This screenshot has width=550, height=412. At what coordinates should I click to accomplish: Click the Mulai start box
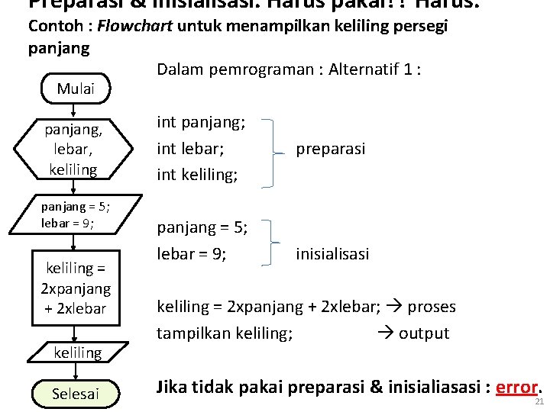(75, 89)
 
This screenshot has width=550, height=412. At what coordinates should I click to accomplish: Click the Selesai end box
(75, 394)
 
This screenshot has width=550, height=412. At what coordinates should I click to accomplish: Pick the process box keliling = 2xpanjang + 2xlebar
(76, 288)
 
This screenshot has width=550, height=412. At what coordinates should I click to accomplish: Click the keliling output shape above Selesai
(77, 352)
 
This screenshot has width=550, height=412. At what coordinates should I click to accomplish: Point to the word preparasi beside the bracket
(331, 149)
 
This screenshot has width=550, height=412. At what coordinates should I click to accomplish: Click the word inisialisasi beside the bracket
(332, 253)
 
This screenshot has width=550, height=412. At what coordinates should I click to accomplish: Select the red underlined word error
(517, 387)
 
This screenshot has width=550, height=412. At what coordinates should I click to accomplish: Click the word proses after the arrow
(431, 307)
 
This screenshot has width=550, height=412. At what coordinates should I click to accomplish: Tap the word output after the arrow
(423, 333)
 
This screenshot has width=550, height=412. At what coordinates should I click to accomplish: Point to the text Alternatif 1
(372, 69)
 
